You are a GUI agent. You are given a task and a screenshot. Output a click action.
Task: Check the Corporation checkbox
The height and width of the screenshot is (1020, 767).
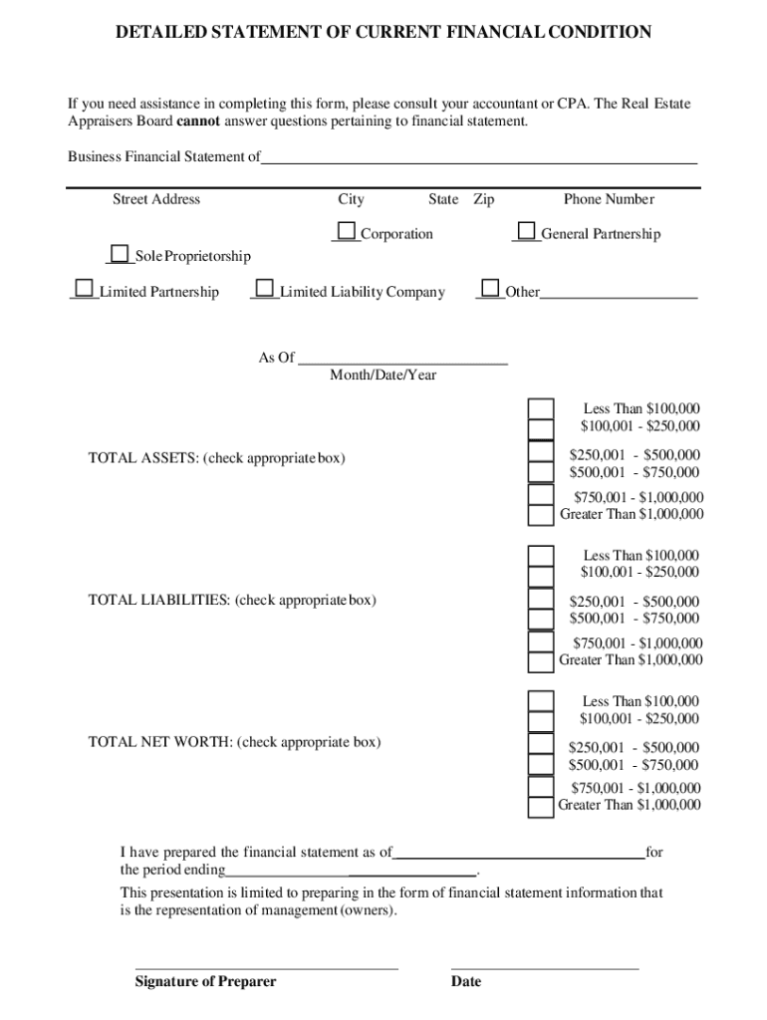pyautogui.click(x=347, y=232)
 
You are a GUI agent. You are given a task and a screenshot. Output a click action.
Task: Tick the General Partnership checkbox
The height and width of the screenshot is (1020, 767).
pyautogui.click(x=527, y=232)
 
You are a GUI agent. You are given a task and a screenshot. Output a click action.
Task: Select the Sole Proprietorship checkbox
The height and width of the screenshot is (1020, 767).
pyautogui.click(x=121, y=254)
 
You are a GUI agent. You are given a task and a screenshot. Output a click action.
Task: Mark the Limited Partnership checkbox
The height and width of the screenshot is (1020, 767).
pyautogui.click(x=84, y=290)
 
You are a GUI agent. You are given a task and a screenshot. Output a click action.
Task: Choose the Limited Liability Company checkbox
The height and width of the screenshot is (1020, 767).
pyautogui.click(x=264, y=290)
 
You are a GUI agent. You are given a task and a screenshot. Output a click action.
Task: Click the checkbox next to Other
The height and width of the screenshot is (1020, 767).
pyautogui.click(x=490, y=290)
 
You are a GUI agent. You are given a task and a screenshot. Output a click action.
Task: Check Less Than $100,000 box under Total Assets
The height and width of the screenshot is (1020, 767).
pyautogui.click(x=540, y=409)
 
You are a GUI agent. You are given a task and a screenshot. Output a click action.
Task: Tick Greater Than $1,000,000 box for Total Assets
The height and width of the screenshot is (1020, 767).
pyautogui.click(x=540, y=515)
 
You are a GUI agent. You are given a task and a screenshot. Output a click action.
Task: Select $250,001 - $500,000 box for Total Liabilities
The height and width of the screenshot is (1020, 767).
pyautogui.click(x=540, y=601)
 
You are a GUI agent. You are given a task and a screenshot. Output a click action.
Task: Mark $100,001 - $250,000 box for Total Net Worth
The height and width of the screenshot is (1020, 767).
pyautogui.click(x=540, y=721)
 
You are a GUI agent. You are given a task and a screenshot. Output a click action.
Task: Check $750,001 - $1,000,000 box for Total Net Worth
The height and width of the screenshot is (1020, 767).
pyautogui.click(x=540, y=786)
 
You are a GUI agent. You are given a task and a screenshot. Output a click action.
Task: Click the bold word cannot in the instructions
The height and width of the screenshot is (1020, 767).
pyautogui.click(x=199, y=122)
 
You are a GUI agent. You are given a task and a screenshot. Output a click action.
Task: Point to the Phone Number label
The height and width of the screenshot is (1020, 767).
pyautogui.click(x=609, y=199)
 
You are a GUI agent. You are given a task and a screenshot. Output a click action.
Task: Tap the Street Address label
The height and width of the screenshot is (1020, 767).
pyautogui.click(x=156, y=199)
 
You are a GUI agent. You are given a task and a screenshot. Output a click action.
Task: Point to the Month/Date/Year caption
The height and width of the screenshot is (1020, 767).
pyautogui.click(x=383, y=376)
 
